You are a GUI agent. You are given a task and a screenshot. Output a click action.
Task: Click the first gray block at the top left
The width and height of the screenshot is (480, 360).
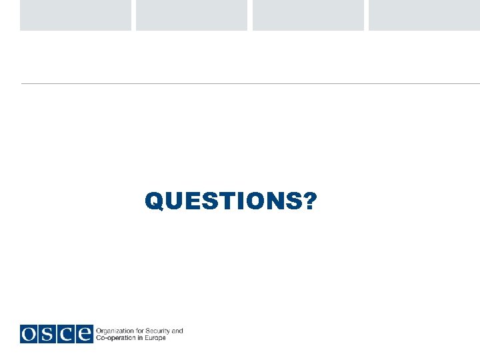point(75,15)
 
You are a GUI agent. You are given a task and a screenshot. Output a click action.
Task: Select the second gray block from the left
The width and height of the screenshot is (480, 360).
point(191,15)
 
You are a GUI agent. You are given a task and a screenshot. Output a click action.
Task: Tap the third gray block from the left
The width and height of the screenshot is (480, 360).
point(308,15)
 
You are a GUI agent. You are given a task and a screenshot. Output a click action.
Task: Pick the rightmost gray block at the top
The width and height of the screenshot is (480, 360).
point(424,15)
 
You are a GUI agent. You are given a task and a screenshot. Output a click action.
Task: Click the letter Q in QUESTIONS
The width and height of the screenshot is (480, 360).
point(154,201)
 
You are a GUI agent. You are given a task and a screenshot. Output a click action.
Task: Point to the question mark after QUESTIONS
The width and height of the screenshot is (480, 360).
point(310,200)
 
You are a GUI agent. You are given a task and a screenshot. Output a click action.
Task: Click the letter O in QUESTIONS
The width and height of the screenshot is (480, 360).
point(257,200)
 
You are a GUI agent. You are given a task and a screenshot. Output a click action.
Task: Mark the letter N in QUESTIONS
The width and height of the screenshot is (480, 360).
point(276,200)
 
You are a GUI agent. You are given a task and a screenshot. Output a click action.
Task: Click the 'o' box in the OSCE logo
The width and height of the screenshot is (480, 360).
point(29,334)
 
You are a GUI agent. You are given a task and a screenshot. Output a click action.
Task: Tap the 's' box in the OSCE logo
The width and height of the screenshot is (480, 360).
point(47,334)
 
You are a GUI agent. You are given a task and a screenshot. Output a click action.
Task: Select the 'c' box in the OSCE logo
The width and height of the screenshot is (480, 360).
point(65,334)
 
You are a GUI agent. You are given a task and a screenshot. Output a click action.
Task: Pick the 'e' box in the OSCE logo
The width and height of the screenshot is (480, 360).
point(83,334)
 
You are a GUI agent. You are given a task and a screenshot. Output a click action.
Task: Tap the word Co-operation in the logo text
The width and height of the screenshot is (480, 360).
point(116,338)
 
